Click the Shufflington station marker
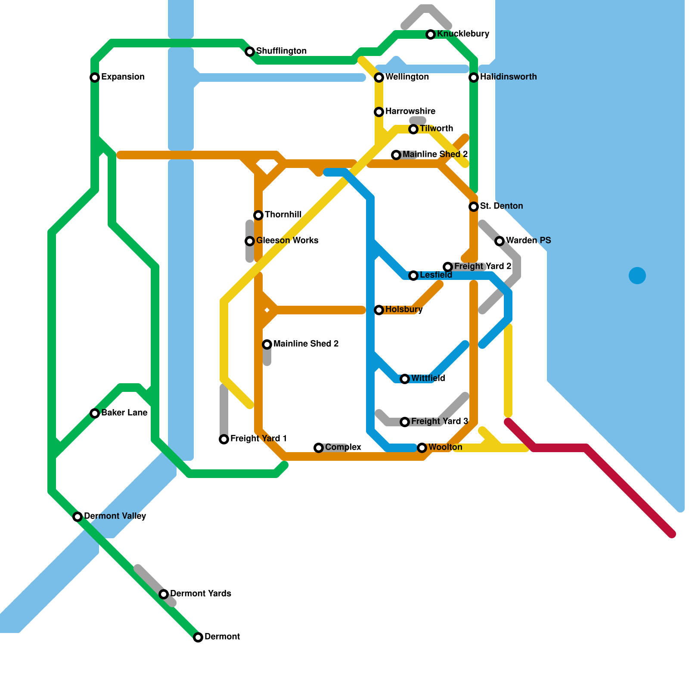[x=250, y=52]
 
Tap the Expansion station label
[x=123, y=77]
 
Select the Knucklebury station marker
[x=431, y=34]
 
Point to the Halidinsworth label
[x=508, y=77]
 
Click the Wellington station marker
[x=379, y=78]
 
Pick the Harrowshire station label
[x=410, y=112]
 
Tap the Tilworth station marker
[x=413, y=129]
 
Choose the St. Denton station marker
[x=474, y=207]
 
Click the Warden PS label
[x=528, y=241]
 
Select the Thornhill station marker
[x=258, y=215]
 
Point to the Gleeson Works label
[x=287, y=241]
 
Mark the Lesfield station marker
[x=413, y=276]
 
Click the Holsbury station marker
[x=379, y=310]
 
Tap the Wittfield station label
[x=428, y=379]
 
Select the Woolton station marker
[x=422, y=448]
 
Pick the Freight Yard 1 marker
[x=224, y=439]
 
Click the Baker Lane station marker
[x=95, y=413]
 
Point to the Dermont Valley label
[x=115, y=516]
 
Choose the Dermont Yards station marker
[x=164, y=594]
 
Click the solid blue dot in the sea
[x=637, y=276]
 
